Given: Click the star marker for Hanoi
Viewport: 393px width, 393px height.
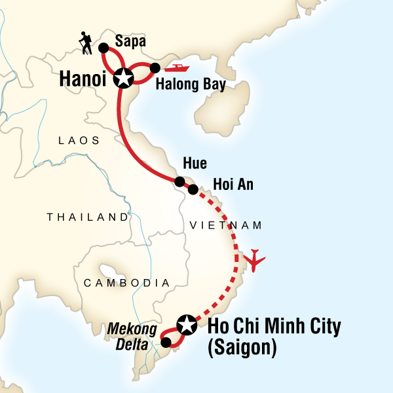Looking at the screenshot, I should (x=122, y=79).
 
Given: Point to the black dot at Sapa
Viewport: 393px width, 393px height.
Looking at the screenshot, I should (x=103, y=47).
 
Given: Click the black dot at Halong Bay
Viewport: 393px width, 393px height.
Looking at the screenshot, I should (x=155, y=67).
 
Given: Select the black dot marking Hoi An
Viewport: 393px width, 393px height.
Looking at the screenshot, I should (x=193, y=190).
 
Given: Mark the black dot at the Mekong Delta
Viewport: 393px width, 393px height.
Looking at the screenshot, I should (x=166, y=342).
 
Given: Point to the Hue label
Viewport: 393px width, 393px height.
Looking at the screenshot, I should (x=197, y=164).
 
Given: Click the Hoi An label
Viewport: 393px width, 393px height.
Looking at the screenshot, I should (x=233, y=185).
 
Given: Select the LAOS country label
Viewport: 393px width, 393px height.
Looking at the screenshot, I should (x=79, y=140).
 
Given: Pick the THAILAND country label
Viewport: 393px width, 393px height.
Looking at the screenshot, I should (x=88, y=217).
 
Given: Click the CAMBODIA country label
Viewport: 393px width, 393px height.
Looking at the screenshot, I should (x=126, y=282).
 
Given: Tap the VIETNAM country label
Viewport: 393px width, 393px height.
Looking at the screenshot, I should (x=225, y=225).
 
